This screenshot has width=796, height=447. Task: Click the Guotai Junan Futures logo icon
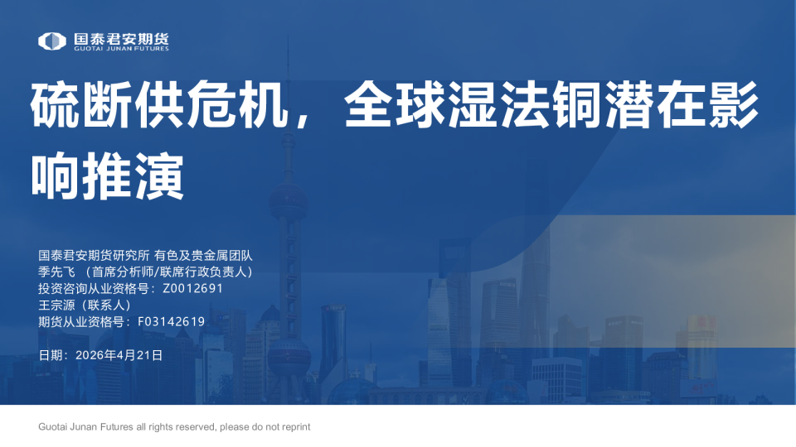[51, 41]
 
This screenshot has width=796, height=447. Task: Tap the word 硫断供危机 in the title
[153, 105]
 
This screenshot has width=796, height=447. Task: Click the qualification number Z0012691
[193, 289]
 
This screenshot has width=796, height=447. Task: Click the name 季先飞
[56, 272]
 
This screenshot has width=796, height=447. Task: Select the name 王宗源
[56, 305]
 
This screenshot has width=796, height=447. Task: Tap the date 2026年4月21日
[119, 355]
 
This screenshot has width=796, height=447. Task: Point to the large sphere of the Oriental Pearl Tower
[288, 199]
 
